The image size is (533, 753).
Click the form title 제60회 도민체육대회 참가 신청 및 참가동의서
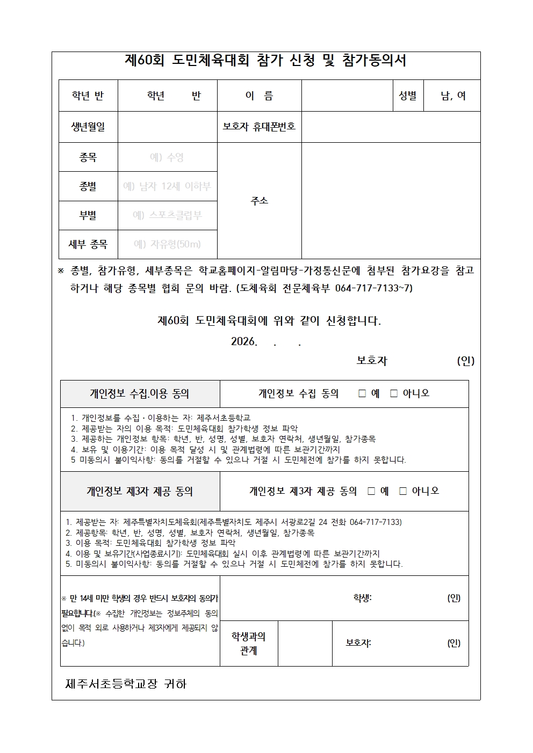click(x=265, y=61)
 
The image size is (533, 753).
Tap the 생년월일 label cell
click(x=88, y=127)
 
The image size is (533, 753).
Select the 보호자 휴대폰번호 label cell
click(x=259, y=127)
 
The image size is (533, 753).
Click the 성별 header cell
click(x=407, y=96)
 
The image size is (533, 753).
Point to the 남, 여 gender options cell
click(x=453, y=96)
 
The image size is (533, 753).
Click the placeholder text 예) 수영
click(x=167, y=157)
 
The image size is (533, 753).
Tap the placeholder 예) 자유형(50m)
click(x=167, y=244)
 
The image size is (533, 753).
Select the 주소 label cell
click(x=259, y=200)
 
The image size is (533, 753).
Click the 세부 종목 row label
click(x=88, y=244)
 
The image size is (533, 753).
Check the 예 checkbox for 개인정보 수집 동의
click(x=362, y=393)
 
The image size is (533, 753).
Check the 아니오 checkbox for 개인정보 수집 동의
click(x=394, y=393)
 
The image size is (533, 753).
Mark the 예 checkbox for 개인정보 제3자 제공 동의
click(x=371, y=491)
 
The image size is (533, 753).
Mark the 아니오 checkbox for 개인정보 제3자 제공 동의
click(x=403, y=491)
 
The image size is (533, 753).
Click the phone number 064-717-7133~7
click(x=373, y=288)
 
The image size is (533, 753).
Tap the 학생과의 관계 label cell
click(x=248, y=643)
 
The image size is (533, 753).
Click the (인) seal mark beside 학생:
click(x=453, y=598)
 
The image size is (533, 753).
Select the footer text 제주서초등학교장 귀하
click(x=126, y=684)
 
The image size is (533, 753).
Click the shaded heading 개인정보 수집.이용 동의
click(x=140, y=393)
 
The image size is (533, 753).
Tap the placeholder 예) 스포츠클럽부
click(x=167, y=215)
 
